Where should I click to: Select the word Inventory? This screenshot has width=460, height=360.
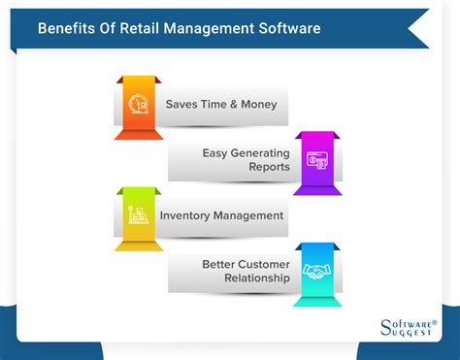(186, 214)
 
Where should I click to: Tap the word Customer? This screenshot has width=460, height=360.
(264, 263)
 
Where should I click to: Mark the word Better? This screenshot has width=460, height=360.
(219, 263)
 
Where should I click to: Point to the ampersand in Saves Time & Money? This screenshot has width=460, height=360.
(233, 104)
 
